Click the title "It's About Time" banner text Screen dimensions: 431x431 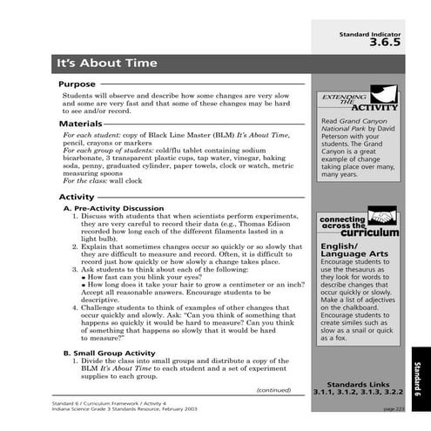tap(106, 64)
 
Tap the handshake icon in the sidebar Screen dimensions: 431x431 tap(381, 215)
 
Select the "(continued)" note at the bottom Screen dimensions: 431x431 tap(273, 389)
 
